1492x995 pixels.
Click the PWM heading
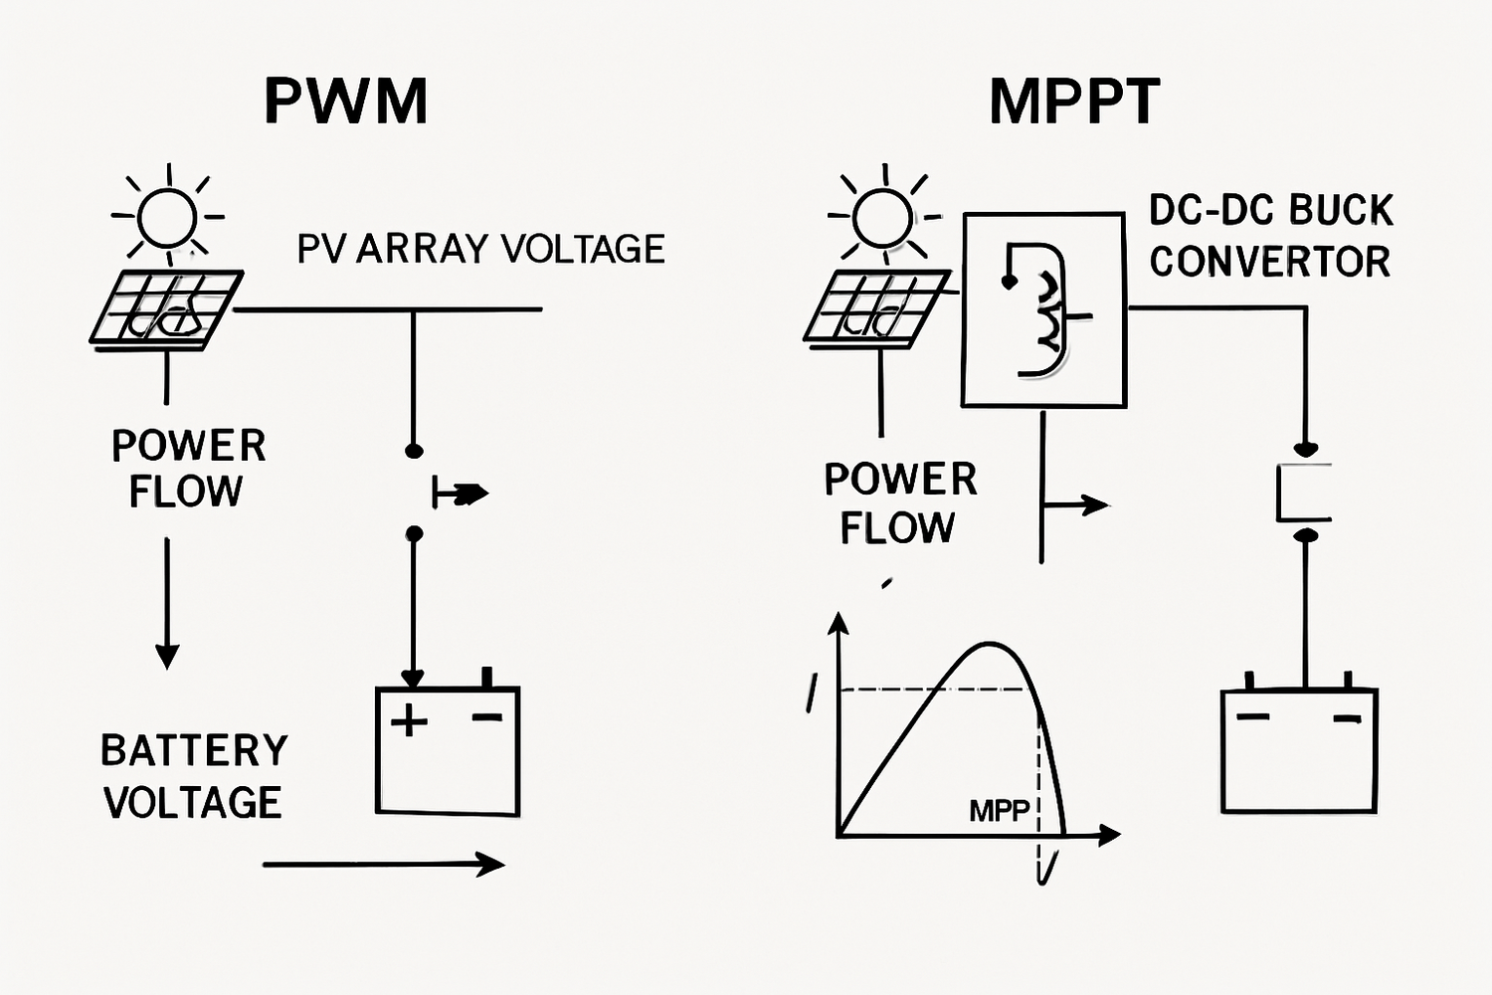[346, 100]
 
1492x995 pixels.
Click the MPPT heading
[1074, 100]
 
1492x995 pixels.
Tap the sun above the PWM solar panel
[167, 217]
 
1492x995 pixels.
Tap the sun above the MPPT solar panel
[882, 216]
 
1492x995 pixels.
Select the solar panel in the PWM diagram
[166, 308]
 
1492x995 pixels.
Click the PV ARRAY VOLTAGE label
[480, 249]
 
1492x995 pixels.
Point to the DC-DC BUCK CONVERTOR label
[1270, 236]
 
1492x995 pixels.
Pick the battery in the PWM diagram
[448, 750]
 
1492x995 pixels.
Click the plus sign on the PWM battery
[409, 719]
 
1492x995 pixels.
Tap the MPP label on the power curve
[999, 811]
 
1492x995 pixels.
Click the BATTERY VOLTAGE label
[194, 776]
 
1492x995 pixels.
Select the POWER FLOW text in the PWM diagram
[188, 469]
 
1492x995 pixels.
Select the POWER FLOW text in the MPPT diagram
[900, 503]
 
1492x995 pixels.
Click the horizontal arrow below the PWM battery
[383, 864]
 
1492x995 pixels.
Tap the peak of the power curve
[990, 645]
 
